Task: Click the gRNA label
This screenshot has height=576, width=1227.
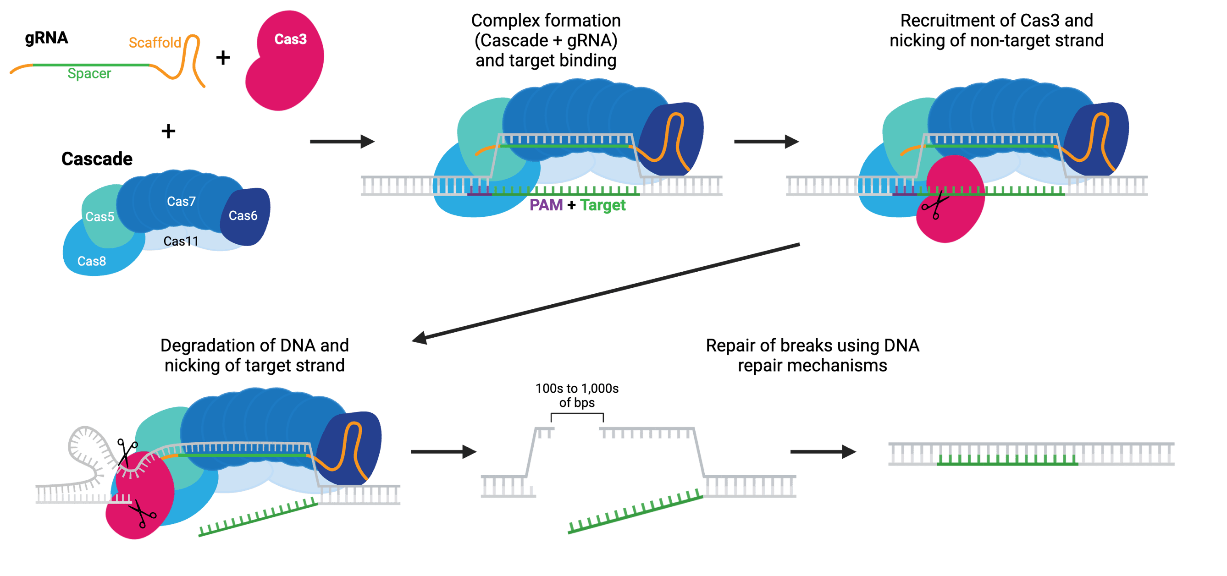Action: point(46,38)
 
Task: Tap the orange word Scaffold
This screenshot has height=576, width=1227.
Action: point(155,43)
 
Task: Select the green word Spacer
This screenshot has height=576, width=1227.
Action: point(89,73)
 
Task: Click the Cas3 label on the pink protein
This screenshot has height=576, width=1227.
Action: point(290,39)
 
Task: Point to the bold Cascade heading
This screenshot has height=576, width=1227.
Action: point(97,159)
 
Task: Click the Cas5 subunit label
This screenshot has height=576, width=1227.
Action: point(99,217)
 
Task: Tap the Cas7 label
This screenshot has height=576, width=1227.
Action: point(181,201)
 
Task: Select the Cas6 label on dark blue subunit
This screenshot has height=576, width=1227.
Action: point(243,216)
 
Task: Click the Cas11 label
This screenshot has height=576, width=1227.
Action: point(181,241)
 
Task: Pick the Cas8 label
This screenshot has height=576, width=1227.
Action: point(91,261)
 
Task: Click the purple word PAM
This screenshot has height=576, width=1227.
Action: point(546,205)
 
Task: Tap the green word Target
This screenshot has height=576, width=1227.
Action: point(603,205)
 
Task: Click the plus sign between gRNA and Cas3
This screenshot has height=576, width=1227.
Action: point(223,58)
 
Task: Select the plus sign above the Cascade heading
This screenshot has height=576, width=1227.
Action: point(168,131)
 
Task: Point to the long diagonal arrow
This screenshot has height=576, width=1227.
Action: point(605,293)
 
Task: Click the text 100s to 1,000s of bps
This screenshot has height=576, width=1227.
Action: point(577,395)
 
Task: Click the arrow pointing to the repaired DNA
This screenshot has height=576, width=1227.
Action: point(823,451)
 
